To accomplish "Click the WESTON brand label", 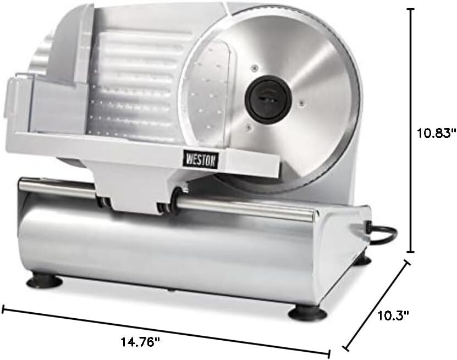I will (x=204, y=159).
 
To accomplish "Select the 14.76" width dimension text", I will (x=141, y=342).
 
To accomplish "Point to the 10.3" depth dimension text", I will (x=394, y=315).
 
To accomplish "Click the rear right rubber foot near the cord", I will (x=361, y=258).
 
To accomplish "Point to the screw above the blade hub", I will (x=254, y=68).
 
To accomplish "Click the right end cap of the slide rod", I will (x=316, y=215).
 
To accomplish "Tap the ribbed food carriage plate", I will (x=137, y=82).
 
